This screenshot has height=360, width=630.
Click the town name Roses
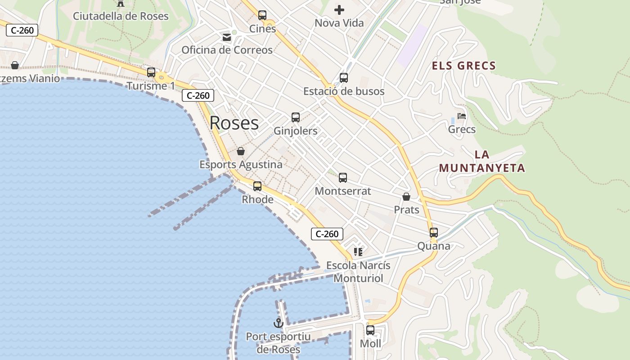tap(234, 123)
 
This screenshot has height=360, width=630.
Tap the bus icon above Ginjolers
tap(296, 117)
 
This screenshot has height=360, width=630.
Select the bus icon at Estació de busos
tap(344, 78)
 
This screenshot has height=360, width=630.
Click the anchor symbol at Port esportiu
tap(279, 323)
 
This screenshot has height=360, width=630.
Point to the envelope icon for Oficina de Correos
tap(227, 37)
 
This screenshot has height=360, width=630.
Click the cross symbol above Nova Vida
tap(339, 9)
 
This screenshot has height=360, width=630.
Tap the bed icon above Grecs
tap(461, 116)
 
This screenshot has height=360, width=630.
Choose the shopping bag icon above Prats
tap(406, 197)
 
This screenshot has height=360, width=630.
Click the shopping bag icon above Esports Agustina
tap(241, 151)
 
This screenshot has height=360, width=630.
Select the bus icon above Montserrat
tap(343, 178)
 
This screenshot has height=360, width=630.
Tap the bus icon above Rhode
tap(257, 186)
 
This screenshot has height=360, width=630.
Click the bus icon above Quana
tap(434, 233)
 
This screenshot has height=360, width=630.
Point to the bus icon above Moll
tap(370, 330)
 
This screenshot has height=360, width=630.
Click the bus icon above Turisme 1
tap(151, 72)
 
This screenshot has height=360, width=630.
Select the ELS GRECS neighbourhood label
tap(463, 66)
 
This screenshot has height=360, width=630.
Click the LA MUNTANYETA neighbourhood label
tap(482, 162)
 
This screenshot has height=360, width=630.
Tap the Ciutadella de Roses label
tap(121, 16)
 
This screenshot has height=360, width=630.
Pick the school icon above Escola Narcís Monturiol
tap(358, 252)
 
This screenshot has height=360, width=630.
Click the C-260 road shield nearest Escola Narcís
tap(327, 234)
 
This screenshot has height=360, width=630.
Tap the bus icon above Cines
tap(262, 15)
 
